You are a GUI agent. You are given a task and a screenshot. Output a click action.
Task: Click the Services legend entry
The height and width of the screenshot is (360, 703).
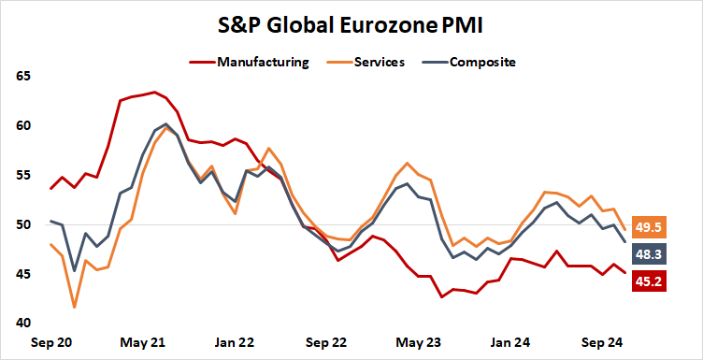point(380,63)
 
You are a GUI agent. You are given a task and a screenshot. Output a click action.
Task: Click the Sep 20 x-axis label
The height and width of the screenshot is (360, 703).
point(51,342)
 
